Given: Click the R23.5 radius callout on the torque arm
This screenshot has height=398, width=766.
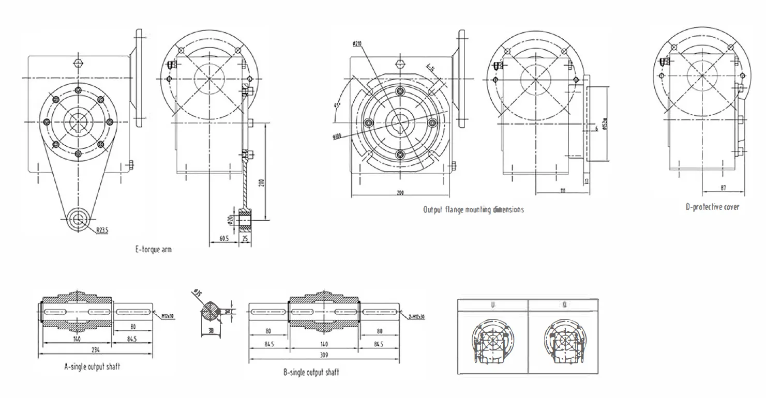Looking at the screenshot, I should pos(102,231).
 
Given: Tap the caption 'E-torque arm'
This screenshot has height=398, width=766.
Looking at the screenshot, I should pos(153,250).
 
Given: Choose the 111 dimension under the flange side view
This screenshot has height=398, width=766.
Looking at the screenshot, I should pos(563,191).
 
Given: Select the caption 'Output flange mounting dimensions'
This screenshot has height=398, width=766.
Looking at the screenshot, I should pos(473,210).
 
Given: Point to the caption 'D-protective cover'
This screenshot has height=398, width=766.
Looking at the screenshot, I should pos(712,207).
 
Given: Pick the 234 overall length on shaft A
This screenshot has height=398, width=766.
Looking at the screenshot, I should pos(96,349).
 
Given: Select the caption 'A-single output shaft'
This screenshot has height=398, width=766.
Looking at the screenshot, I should pos(92,367).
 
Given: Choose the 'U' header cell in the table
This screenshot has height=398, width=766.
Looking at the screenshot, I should pos(493,305).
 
